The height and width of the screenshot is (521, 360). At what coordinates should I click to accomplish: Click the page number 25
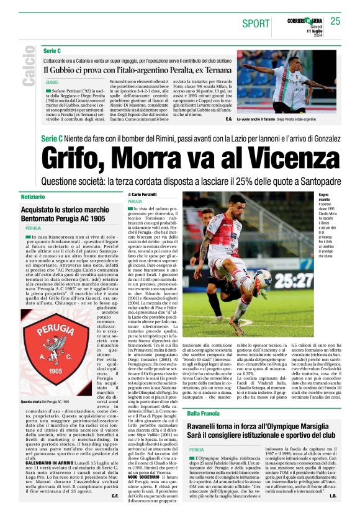pos(335,21)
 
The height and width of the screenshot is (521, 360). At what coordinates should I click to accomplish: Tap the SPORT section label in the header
pos(256,24)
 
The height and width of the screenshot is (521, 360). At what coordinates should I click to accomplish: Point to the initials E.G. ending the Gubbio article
pos(228,118)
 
